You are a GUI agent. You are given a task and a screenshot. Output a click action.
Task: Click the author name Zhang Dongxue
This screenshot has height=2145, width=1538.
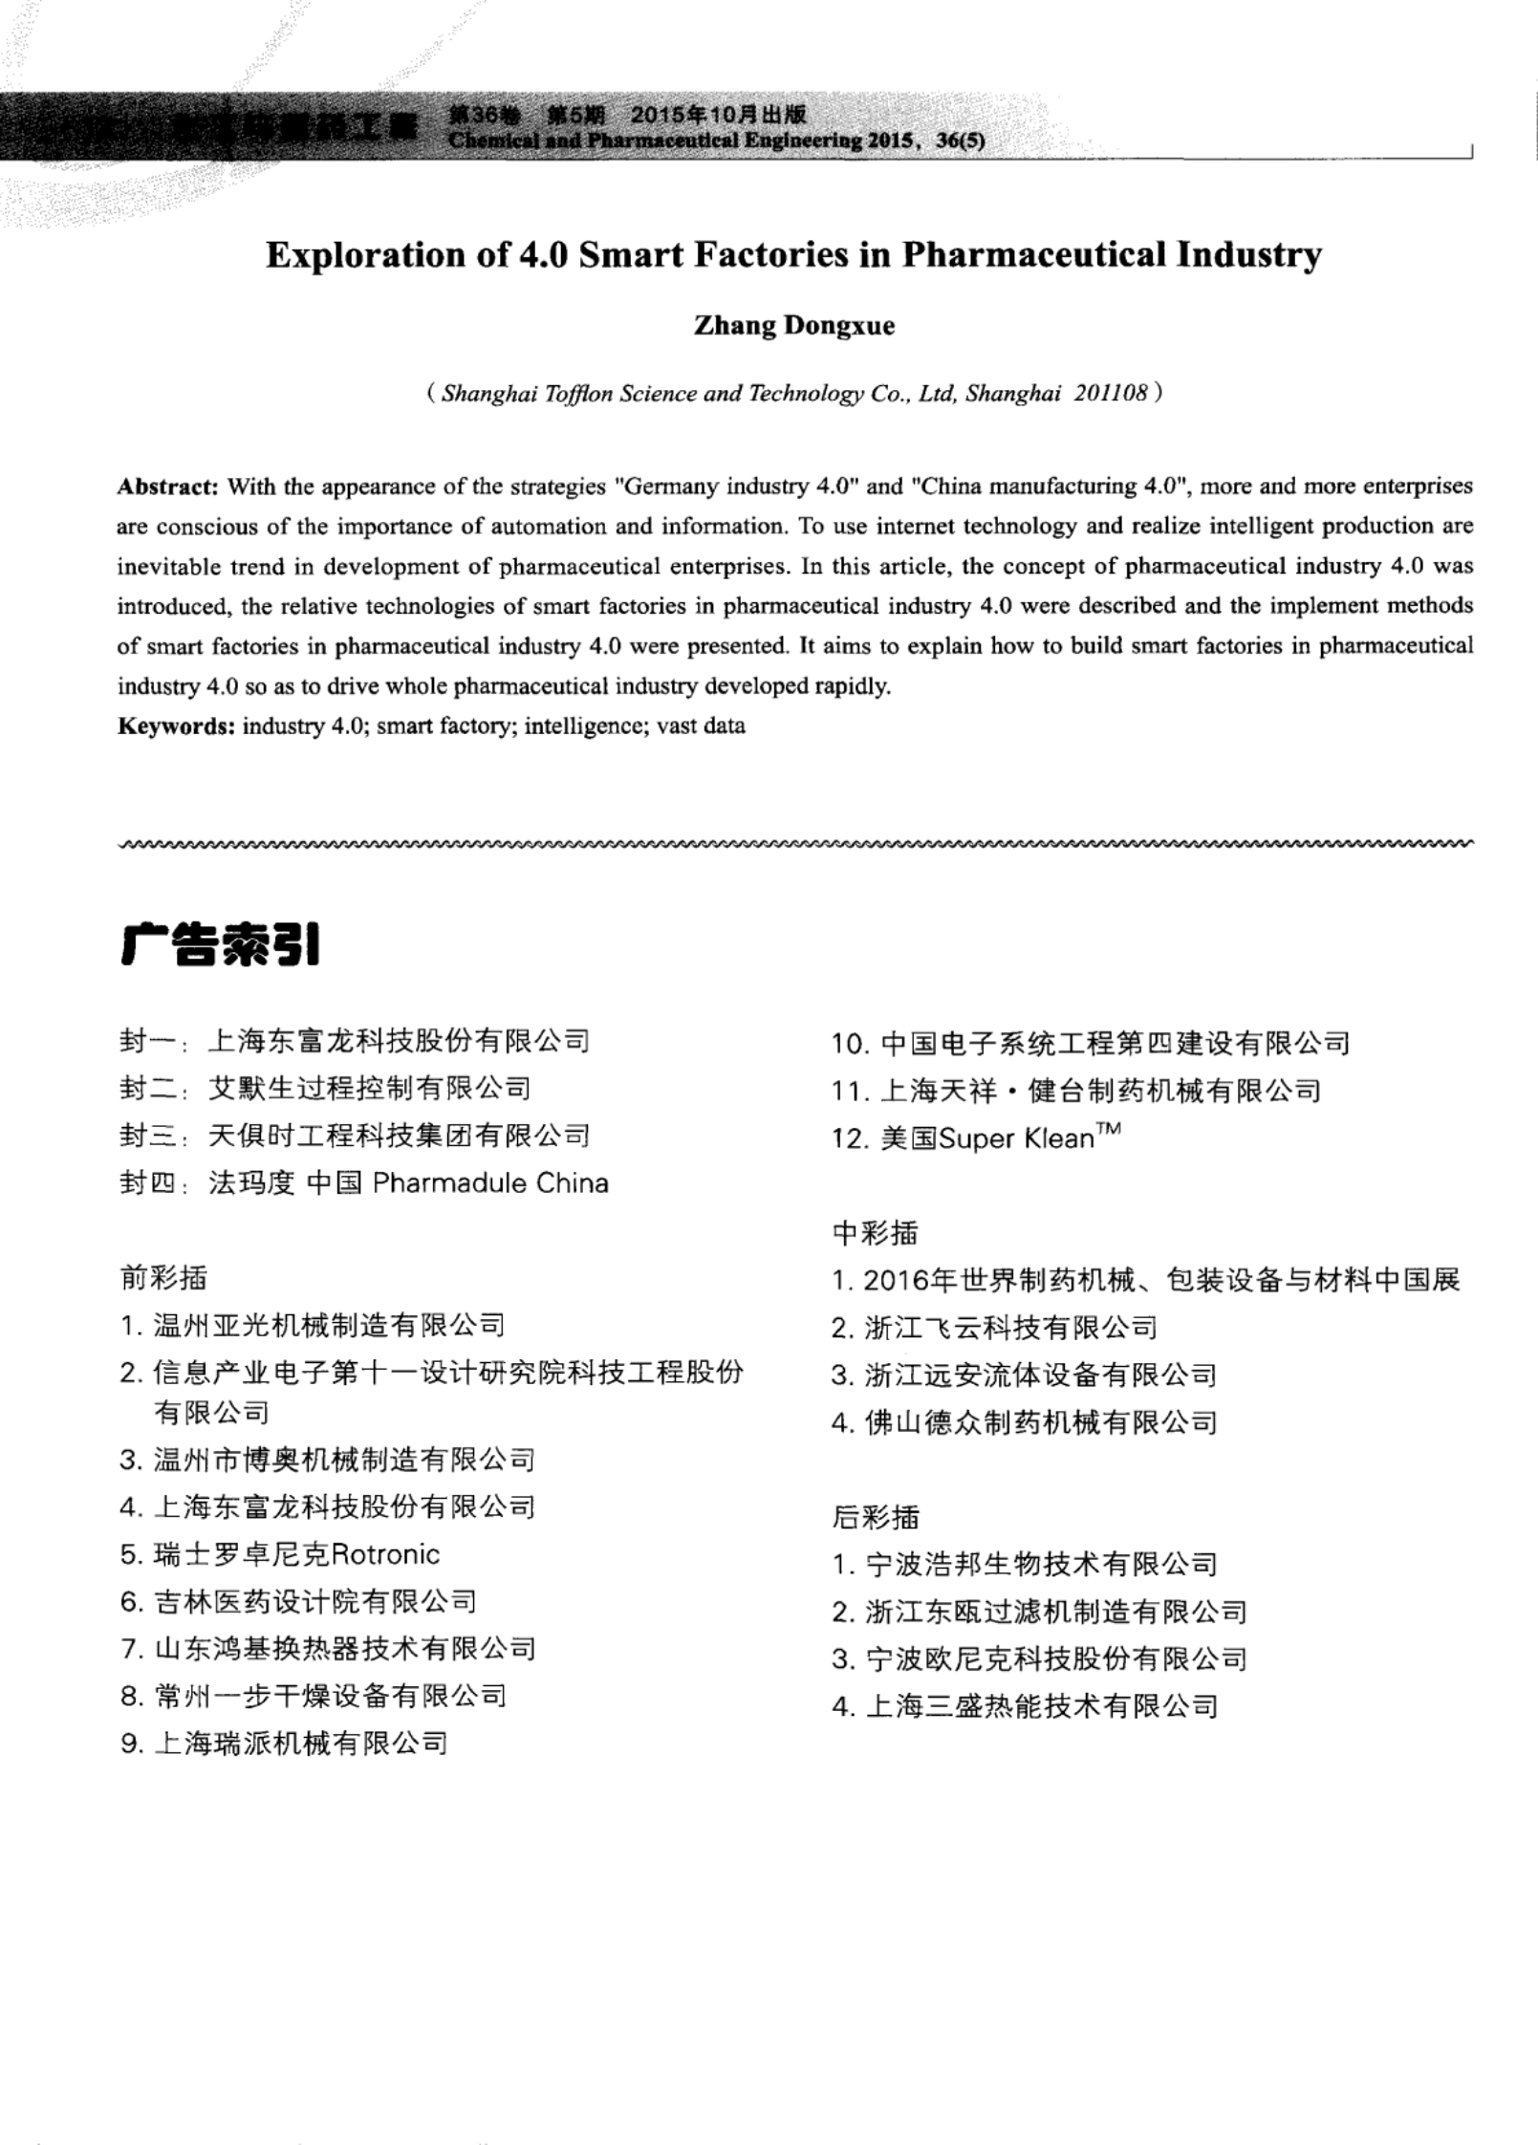793,326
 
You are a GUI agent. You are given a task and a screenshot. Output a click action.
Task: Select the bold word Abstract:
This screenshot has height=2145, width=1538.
168,487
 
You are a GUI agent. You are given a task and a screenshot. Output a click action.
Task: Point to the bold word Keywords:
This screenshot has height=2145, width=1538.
176,726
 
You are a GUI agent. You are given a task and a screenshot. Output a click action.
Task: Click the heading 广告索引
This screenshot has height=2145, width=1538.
220,945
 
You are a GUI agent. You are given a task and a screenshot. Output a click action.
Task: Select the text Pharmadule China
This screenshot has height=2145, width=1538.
490,1183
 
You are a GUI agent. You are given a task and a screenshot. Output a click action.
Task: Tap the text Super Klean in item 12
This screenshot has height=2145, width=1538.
1016,1138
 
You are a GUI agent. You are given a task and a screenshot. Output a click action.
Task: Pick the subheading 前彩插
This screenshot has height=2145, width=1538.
163,1277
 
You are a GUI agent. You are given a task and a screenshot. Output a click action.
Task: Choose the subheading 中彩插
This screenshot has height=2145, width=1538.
875,1233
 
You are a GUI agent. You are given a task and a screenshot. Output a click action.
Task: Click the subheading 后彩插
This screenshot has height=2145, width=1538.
876,1517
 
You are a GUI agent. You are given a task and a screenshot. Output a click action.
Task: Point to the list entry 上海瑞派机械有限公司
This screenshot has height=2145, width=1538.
300,1744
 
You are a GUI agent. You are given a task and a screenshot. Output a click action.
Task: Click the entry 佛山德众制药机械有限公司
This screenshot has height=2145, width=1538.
1040,1423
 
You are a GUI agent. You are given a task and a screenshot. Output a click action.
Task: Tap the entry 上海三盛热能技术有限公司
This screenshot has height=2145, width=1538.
1041,1706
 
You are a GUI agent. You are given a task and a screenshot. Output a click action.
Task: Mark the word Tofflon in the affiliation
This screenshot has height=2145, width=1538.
577,394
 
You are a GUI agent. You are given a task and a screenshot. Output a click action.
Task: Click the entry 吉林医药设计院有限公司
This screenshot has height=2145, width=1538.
314,1601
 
